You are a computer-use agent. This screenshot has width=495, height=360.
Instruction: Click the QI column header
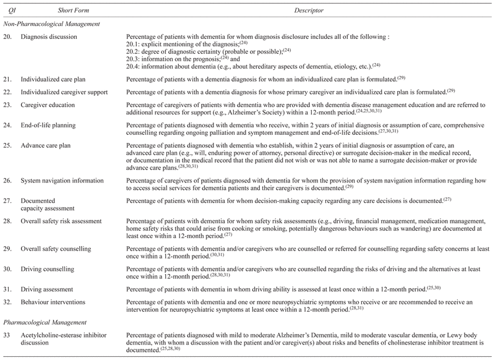point(9,11)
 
